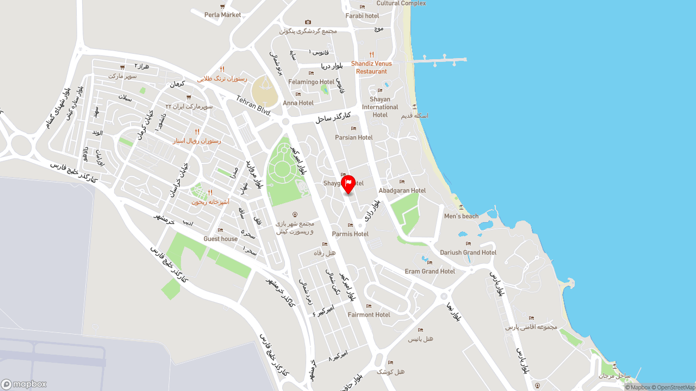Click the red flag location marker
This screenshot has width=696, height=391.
tap(348, 184)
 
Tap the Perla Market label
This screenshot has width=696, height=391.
tap(222, 15)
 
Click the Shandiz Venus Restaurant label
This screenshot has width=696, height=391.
tap(371, 67)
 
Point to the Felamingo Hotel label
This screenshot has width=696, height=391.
tap(311, 82)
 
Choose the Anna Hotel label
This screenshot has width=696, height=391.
tap(298, 103)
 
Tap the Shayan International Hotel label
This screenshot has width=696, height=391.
tap(380, 107)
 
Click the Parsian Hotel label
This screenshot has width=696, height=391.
tap(353, 137)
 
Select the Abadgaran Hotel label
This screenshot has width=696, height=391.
tap(402, 191)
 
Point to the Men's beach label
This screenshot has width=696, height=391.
tap(461, 216)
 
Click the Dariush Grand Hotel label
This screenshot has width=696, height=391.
tap(468, 253)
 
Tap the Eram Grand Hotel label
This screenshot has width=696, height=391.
tap(430, 271)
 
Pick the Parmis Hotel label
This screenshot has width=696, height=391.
tap(350, 234)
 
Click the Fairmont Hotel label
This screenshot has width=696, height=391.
tap(369, 314)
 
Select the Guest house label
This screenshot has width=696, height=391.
tap(220, 239)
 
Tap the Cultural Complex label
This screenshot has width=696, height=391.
tap(401, 3)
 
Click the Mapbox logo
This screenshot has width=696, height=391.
tap(24, 384)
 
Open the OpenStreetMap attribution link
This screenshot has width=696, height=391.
tap(675, 387)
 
